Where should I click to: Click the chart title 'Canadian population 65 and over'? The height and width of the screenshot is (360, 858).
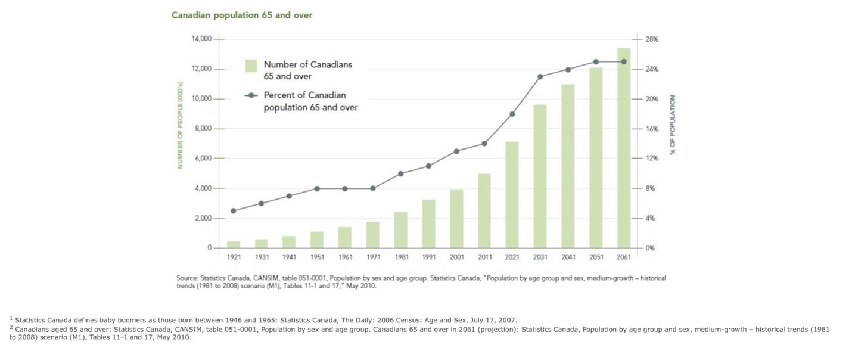pyautogui.click(x=242, y=15)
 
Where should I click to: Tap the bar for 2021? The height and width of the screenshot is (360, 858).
pyautogui.click(x=512, y=194)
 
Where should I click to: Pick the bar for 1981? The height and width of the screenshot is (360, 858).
pyautogui.click(x=400, y=229)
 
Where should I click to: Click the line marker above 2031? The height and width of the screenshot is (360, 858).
pyautogui.click(x=540, y=77)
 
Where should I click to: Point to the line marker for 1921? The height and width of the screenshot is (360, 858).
pyautogui.click(x=234, y=211)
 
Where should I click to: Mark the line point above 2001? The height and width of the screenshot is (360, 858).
pyautogui.click(x=456, y=151)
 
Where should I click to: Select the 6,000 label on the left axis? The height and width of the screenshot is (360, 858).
pyautogui.click(x=203, y=159)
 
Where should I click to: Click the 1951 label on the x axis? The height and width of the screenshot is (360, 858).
pyautogui.click(x=317, y=257)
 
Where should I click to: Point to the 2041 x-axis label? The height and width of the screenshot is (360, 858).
pyautogui.click(x=568, y=257)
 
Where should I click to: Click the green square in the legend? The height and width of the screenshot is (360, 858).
pyautogui.click(x=251, y=65)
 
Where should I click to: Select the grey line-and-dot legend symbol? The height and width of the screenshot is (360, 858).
pyautogui.click(x=251, y=95)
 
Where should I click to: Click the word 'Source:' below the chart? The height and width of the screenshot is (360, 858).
pyautogui.click(x=187, y=278)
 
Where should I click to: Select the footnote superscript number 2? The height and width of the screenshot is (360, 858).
pyautogui.click(x=11, y=327)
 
